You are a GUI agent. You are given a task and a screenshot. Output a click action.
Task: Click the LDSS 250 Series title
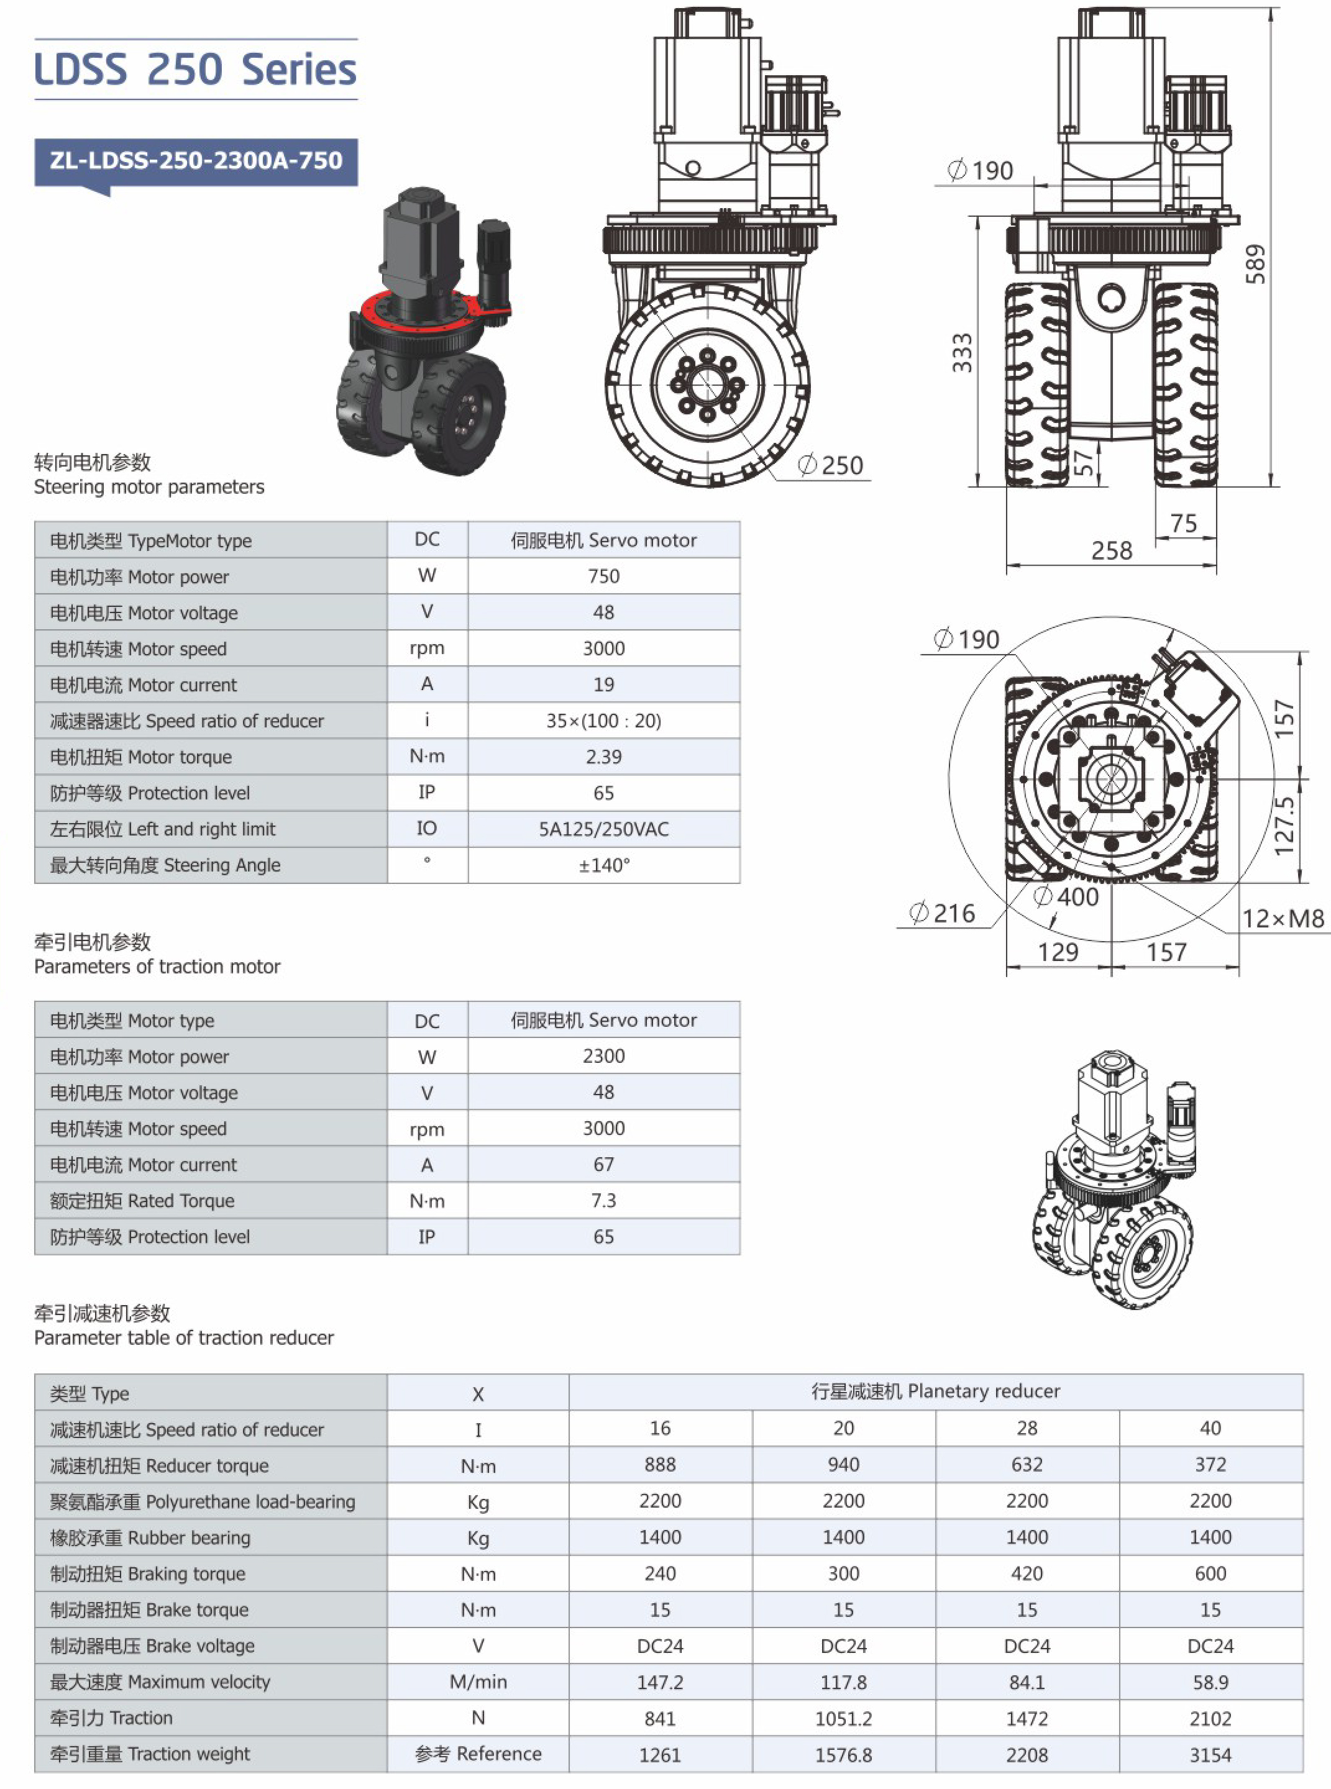[196, 70]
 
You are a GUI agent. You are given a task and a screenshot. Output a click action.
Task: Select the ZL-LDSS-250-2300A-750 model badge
[196, 160]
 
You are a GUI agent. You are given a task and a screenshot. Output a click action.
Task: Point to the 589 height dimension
[1255, 264]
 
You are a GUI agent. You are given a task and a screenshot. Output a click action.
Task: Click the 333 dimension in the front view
[962, 353]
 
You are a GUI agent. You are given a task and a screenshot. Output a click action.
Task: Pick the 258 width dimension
[1111, 551]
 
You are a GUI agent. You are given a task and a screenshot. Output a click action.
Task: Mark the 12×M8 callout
[1283, 918]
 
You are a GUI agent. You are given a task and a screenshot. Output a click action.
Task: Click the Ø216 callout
[942, 913]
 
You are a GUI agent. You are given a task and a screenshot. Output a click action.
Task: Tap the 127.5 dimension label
[1284, 826]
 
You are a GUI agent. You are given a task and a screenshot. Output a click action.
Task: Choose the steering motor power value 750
[603, 576]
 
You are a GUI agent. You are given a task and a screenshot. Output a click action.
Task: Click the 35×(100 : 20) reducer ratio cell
[603, 721]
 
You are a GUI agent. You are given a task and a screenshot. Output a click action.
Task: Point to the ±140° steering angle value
[603, 865]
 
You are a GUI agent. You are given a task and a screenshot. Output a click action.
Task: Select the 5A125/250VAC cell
[603, 829]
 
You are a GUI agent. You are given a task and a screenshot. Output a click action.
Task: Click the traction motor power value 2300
[603, 1056]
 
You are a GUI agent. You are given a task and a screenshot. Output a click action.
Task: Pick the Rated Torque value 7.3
[603, 1200]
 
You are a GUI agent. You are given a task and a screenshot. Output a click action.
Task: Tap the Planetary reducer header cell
[935, 1391]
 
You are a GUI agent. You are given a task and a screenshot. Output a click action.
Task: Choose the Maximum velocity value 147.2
[660, 1682]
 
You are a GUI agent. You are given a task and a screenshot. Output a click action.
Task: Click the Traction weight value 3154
[1210, 1754]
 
